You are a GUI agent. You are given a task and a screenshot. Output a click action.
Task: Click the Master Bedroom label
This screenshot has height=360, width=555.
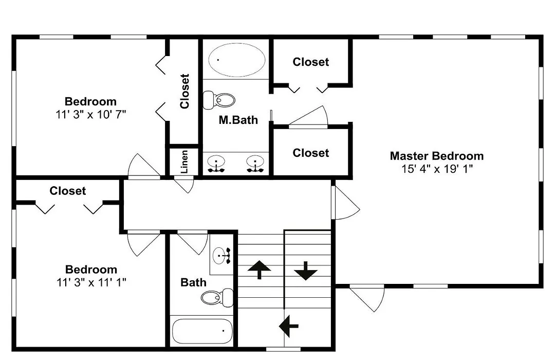437,156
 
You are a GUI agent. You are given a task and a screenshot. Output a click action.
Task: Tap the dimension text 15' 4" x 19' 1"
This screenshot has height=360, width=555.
437,169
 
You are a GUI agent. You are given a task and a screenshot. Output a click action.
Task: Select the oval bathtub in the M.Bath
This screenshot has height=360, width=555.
236,60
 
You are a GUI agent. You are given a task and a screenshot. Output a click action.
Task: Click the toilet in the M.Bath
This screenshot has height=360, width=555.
219,100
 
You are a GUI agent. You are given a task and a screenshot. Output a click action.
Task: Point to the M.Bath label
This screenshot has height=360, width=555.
238,120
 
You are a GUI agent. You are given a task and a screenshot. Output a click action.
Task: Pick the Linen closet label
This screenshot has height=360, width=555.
184,161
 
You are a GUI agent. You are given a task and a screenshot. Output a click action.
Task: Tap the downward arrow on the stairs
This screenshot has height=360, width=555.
305,271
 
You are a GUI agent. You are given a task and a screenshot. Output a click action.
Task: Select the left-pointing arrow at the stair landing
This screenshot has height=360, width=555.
289,326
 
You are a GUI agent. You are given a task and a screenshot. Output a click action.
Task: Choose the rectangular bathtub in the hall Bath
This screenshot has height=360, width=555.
202,331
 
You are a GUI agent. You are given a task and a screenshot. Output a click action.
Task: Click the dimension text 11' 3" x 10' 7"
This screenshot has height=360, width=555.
91,115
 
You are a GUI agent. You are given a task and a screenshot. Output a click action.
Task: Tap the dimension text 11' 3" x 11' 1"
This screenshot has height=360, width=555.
91,282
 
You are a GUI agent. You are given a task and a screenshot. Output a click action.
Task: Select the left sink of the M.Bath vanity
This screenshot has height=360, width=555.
216,164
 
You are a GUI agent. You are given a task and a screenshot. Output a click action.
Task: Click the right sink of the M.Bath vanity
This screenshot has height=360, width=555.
255,164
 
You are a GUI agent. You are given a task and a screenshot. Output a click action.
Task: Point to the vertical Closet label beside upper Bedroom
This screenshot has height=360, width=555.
184,91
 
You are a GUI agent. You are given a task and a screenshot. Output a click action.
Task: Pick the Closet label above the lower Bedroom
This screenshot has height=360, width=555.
68,191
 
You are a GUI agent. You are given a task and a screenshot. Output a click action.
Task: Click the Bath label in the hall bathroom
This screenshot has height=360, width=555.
193,282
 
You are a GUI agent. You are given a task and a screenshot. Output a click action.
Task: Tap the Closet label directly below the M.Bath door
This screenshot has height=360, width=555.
311,153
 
